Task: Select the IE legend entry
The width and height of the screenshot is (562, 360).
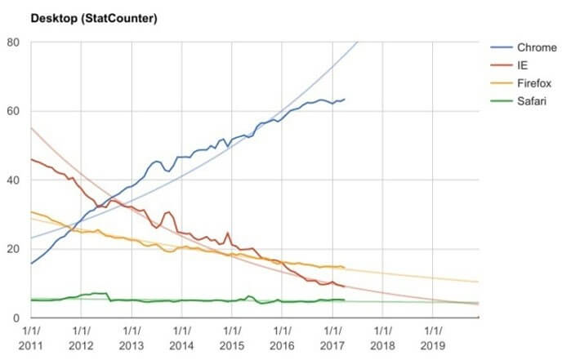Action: tap(523, 65)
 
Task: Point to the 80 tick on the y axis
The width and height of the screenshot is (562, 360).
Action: tap(14, 42)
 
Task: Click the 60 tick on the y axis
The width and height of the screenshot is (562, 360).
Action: tap(14, 111)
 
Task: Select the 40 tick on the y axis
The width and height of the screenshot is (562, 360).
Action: tap(14, 180)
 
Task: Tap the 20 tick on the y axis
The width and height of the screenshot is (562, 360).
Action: tap(14, 249)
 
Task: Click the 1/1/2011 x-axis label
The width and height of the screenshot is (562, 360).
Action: tap(30, 340)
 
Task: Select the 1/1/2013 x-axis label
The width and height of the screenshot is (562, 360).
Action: tap(131, 340)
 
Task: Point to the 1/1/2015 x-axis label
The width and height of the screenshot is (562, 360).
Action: tap(231, 340)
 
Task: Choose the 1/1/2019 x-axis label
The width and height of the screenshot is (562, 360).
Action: tap(432, 340)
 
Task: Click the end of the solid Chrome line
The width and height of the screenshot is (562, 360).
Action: tap(345, 100)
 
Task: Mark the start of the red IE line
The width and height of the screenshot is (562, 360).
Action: tap(31, 159)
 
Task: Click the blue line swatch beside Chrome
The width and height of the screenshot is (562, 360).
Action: tap(502, 48)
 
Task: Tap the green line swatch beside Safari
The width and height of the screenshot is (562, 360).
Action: tap(502, 101)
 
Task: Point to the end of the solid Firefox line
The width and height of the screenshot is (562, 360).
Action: tap(345, 268)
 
